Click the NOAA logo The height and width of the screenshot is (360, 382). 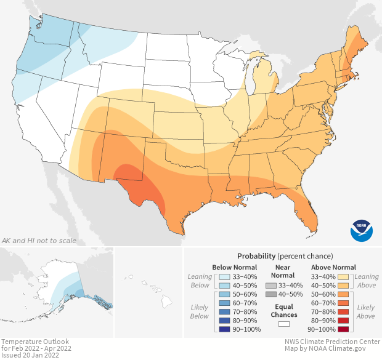[362, 229]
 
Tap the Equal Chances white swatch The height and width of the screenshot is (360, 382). [283, 323]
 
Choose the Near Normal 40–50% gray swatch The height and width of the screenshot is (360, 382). [270, 295]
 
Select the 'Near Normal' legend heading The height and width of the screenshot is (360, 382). [283, 272]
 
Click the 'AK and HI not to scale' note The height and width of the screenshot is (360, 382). [38, 241]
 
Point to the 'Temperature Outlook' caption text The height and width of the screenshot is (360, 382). [35, 341]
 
